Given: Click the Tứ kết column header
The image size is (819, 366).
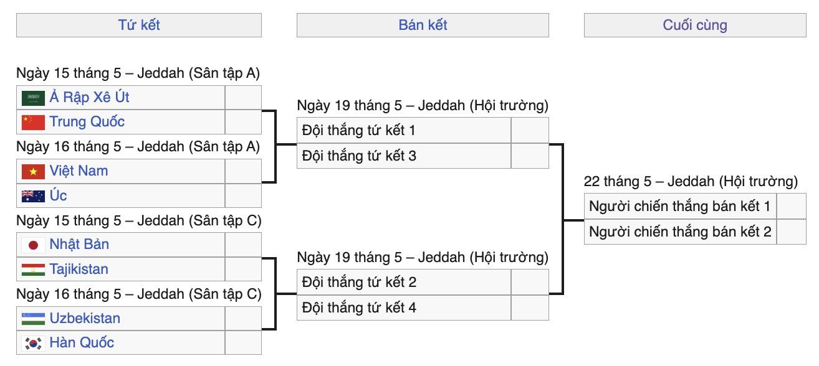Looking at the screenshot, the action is tap(139, 25).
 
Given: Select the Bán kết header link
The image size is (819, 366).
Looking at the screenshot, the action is tap(423, 25).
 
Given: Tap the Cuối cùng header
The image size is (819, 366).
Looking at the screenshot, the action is tap(695, 25).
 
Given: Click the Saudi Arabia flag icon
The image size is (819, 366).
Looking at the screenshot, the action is tap(33, 98).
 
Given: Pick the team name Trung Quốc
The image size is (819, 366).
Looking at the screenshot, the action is tap(87, 121).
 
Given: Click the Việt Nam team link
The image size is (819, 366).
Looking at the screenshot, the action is tap(79, 171).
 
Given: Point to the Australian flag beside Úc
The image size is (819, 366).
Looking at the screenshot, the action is tap(33, 196).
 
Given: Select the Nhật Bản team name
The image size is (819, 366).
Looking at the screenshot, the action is tap(79, 245).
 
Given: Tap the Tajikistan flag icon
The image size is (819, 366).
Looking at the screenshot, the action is tap(33, 270).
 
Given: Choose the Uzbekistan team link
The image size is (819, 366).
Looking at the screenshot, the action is tap(85, 319).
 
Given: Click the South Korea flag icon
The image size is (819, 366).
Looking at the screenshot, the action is tap(33, 344).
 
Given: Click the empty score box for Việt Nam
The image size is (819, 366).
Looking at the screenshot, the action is tap(243, 171).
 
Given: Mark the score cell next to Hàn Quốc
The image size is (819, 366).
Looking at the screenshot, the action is tap(243, 342).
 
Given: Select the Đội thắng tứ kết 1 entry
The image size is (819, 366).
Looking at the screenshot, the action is tap(358, 130).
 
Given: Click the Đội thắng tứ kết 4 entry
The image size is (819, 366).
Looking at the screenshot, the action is tap(359, 307).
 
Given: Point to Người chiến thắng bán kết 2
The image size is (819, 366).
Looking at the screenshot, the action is tap(680, 232).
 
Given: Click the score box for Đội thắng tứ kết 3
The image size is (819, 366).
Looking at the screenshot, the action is tap(530, 156).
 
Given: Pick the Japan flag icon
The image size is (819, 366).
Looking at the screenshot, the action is tap(33, 245).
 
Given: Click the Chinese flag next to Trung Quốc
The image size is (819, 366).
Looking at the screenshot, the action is tap(33, 123).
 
